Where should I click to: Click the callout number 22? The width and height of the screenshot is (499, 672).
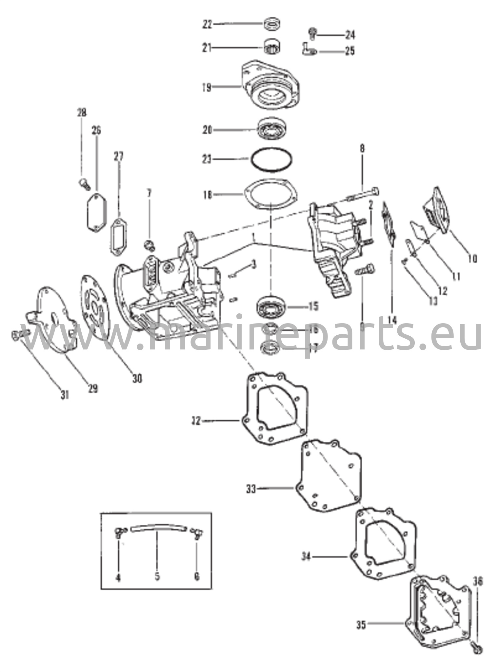(207, 25)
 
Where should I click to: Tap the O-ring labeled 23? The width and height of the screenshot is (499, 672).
(271, 159)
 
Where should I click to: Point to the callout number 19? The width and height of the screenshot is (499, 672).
(207, 88)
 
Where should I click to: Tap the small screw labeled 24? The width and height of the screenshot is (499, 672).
(313, 33)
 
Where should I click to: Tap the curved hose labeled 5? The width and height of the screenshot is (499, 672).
(158, 528)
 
